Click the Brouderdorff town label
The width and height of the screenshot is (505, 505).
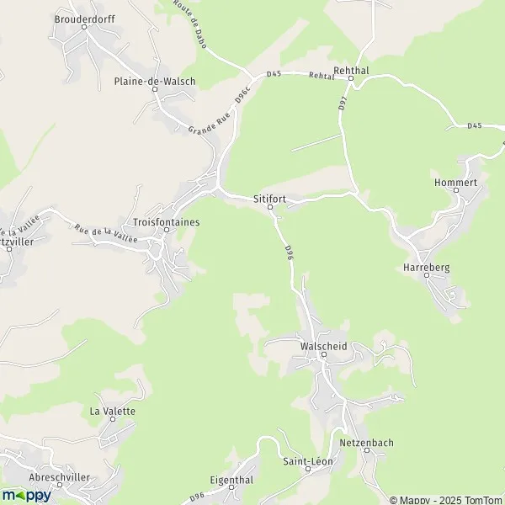(x=83, y=18)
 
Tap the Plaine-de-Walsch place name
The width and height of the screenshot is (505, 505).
(x=155, y=82)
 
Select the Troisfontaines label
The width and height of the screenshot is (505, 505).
(x=166, y=221)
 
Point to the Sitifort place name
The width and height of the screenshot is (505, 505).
(x=270, y=199)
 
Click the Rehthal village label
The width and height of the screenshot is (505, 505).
(x=352, y=71)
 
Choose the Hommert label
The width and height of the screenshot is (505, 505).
(x=455, y=182)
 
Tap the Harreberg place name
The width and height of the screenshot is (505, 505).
(x=427, y=267)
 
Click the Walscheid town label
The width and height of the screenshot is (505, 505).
(x=323, y=346)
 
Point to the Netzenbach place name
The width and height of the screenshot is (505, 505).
(x=367, y=443)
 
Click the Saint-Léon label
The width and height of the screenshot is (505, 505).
(x=307, y=461)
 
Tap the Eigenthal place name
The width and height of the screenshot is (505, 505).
(x=231, y=479)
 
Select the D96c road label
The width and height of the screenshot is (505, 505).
(x=243, y=97)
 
